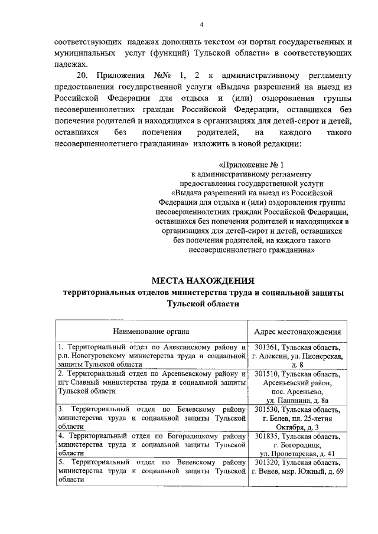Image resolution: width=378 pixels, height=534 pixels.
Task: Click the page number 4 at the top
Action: [x=201, y=25]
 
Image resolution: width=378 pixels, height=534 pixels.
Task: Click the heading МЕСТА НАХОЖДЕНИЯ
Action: [x=203, y=280]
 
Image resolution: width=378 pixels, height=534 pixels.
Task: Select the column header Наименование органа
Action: [x=152, y=332]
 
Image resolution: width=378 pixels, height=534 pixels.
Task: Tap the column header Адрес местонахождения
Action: [x=297, y=332]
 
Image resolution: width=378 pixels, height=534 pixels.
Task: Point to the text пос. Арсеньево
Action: [x=297, y=391]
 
